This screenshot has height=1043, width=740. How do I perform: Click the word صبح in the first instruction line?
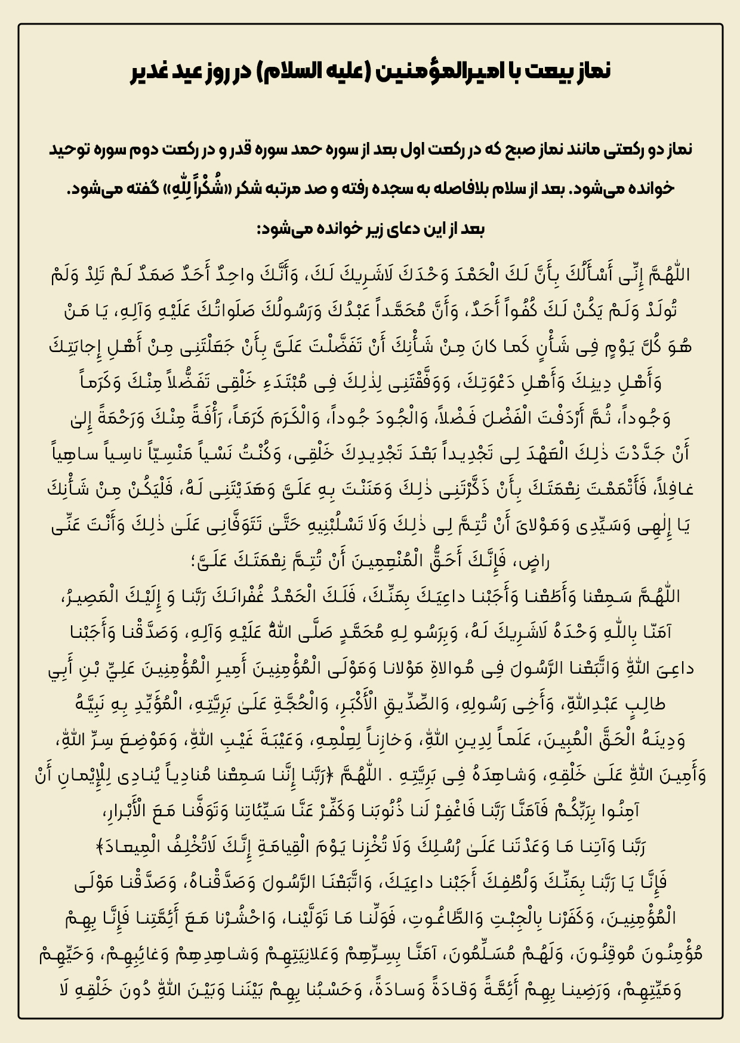coord(492,150)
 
